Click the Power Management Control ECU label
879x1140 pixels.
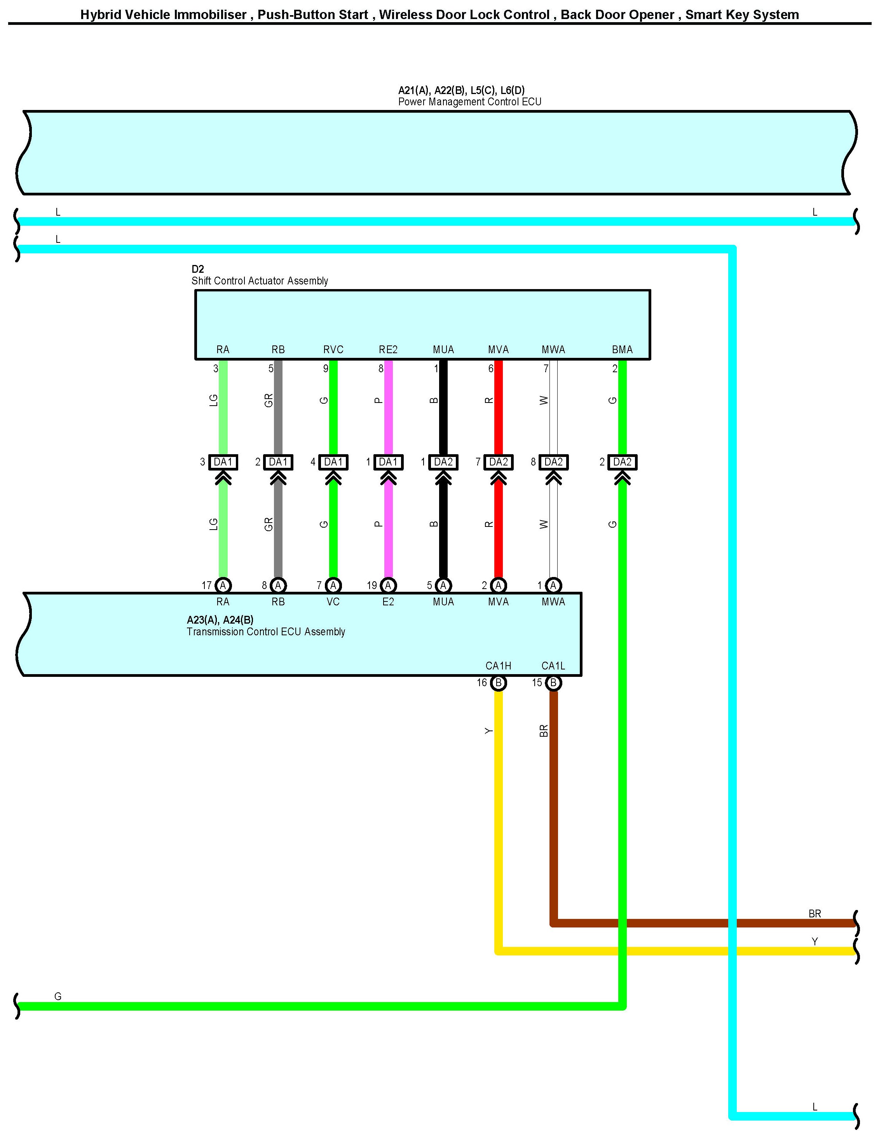[x=469, y=102]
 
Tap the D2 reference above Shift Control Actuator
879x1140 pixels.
[x=197, y=269]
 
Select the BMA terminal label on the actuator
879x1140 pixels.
[x=622, y=350]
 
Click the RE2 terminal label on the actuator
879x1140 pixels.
[x=388, y=350]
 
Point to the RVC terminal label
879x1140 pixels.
[x=333, y=350]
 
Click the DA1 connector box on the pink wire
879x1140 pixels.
[x=388, y=462]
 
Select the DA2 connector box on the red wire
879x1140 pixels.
[x=499, y=462]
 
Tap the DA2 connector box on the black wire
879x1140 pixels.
[x=443, y=462]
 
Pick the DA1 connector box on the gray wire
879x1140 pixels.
[x=278, y=462]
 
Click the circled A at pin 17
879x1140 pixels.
[x=223, y=585]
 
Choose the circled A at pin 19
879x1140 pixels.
[x=388, y=585]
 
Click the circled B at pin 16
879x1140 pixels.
[x=499, y=683]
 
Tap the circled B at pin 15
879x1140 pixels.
[x=553, y=683]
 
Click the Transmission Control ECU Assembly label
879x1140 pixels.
[x=266, y=632]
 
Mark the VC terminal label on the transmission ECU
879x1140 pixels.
[x=333, y=602]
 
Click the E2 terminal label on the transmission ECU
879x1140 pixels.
[x=388, y=602]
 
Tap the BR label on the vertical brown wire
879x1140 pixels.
[x=543, y=731]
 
